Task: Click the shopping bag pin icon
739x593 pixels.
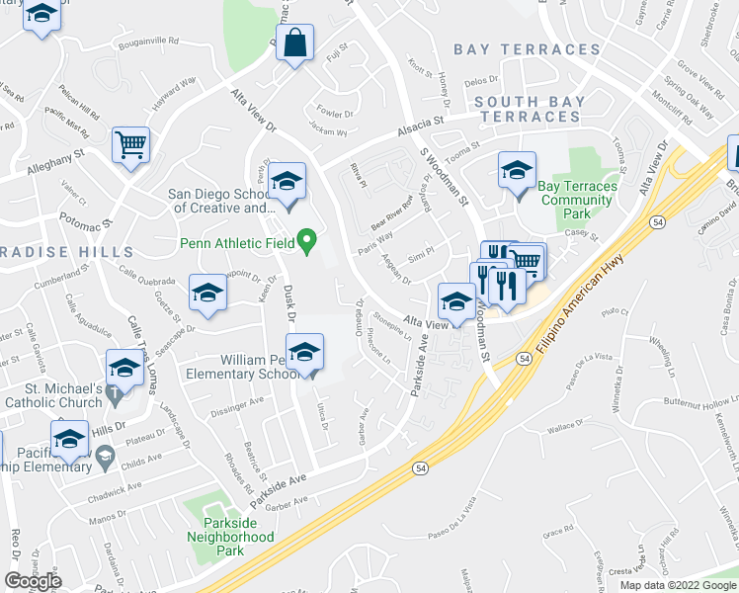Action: coord(294,42)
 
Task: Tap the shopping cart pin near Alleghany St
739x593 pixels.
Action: coord(130,146)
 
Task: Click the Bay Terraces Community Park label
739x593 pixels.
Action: coord(577,199)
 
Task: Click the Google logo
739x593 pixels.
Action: coord(34,581)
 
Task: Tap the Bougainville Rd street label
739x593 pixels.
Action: coord(147,42)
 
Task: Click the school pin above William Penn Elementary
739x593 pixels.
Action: coord(304,352)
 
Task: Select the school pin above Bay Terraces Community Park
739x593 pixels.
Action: coord(517,170)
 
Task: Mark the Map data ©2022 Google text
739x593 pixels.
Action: coord(677,585)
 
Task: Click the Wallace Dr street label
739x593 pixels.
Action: coord(563,428)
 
